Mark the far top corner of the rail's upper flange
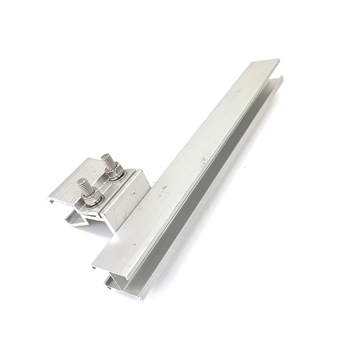[278, 60]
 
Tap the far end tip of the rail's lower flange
[282, 79]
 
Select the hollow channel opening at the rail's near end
[115, 281]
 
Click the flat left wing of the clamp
[67, 188]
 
